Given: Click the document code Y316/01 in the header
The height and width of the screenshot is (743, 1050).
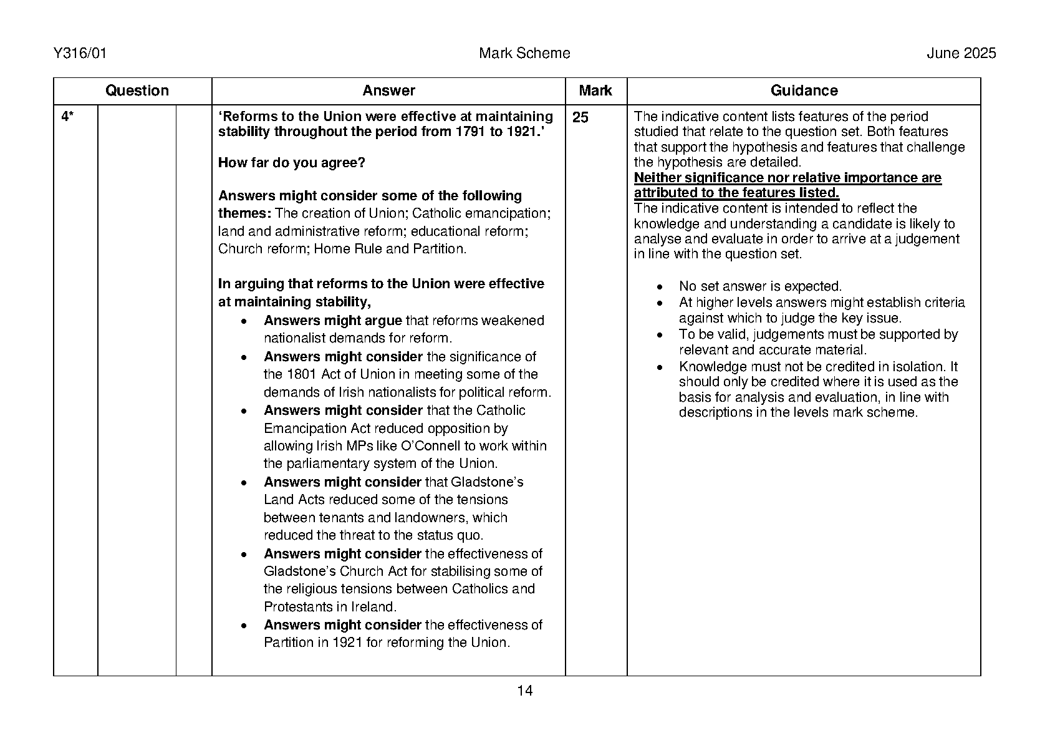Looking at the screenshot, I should (x=80, y=54).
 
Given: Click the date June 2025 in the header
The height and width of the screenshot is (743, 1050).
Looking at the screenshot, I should (x=961, y=54).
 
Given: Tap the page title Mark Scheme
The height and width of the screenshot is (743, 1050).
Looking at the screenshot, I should (x=524, y=54).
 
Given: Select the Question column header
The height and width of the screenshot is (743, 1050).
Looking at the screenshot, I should (x=137, y=91).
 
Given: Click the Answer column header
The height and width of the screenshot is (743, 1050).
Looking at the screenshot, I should (x=388, y=91).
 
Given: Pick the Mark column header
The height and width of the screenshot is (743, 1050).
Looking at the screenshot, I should (x=595, y=91).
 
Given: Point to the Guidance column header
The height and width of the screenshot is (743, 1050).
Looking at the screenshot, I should (x=804, y=91).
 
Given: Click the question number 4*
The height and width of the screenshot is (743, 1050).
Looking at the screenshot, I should (x=67, y=117).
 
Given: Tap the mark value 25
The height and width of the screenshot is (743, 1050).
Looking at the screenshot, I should (x=580, y=118).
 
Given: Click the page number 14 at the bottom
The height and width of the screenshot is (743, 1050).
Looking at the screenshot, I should (x=525, y=691).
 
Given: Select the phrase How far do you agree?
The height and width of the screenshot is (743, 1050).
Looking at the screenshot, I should (x=292, y=163).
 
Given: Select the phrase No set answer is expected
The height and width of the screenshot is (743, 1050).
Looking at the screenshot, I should (x=760, y=287).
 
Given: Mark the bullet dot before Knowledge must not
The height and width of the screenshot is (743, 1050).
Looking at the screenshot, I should (x=661, y=367).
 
